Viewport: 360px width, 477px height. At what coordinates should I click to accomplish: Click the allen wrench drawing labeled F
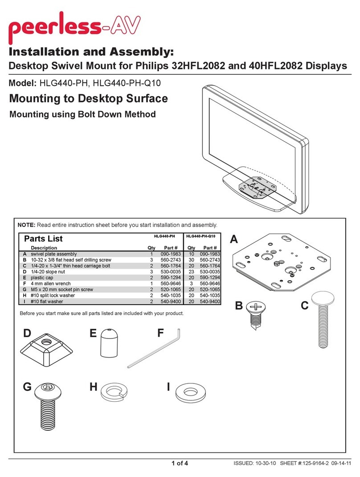[154, 346]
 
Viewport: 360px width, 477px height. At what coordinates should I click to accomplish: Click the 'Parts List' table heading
[43, 239]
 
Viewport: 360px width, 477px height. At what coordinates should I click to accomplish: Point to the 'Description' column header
[44, 248]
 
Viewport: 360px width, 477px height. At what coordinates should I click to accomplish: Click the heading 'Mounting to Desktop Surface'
[88, 98]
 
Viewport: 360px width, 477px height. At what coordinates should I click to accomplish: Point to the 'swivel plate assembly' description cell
[53, 253]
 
